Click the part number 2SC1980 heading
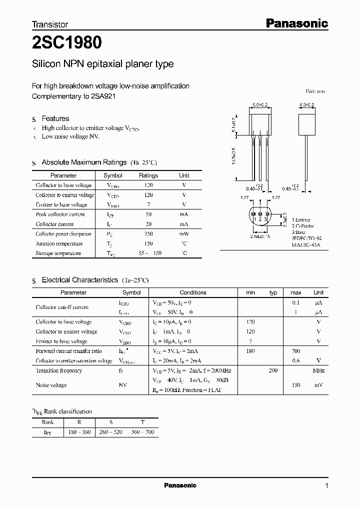[x=67, y=43]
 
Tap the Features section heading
[x=55, y=118]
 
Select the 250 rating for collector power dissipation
[x=148, y=234]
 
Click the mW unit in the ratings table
[x=184, y=234]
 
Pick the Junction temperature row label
[x=59, y=243]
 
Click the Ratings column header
[x=148, y=175]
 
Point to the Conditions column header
[x=192, y=292]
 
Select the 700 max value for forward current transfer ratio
[x=295, y=351]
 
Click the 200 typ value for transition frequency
[x=272, y=370]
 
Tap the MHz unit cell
[x=318, y=370]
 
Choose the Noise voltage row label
[x=51, y=385]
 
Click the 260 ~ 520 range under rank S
[x=111, y=431]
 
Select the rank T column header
[x=142, y=421]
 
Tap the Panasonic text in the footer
[x=180, y=485]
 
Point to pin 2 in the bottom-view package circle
[x=260, y=218]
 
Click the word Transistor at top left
[x=50, y=24]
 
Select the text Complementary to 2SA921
[x=73, y=96]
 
